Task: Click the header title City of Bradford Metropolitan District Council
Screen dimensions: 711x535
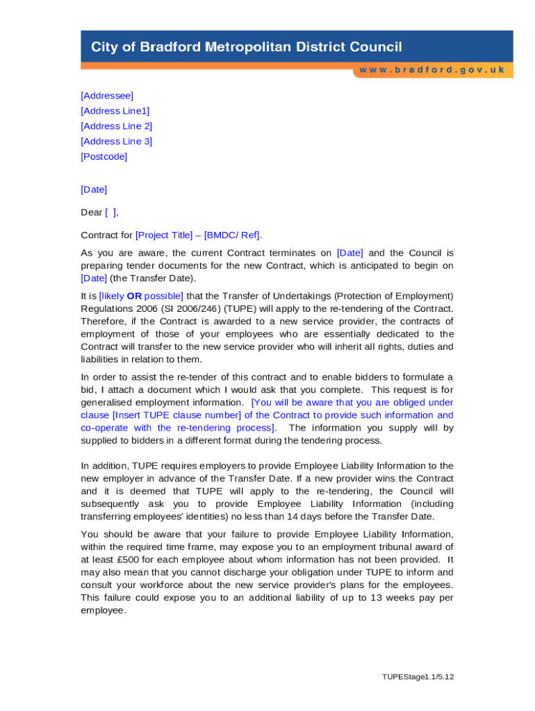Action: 247,47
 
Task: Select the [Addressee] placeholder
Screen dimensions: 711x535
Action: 107,95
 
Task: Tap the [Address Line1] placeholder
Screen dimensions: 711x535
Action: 115,110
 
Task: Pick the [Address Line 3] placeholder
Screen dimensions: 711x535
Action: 117,141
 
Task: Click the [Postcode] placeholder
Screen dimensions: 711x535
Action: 104,156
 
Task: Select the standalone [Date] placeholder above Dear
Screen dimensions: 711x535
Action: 94,189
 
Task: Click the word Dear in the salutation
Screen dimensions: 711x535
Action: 92,212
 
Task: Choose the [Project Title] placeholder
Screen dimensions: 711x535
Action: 164,235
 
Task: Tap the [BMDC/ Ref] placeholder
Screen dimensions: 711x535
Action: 232,235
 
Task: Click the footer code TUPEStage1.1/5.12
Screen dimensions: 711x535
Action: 418,677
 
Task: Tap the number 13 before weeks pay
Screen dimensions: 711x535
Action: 377,597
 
